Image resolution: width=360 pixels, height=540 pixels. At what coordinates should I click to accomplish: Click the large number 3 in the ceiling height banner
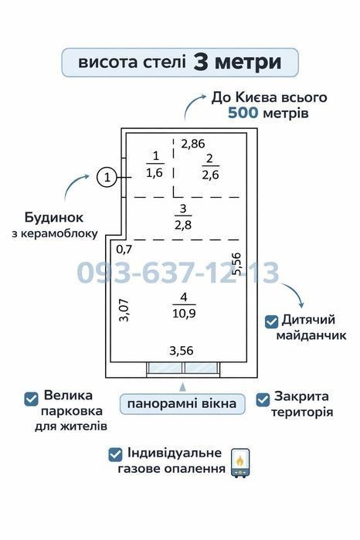(x=200, y=62)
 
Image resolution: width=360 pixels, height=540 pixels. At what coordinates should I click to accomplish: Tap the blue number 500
(x=243, y=113)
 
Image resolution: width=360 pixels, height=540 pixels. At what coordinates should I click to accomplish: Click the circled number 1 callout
(x=107, y=178)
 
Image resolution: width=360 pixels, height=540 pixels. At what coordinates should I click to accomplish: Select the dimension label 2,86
(x=193, y=144)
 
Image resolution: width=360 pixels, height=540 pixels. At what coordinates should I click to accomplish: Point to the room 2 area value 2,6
(x=210, y=175)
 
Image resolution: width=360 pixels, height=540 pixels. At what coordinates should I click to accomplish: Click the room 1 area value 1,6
(x=155, y=172)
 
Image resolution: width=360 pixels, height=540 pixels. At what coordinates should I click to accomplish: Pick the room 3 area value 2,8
(x=183, y=226)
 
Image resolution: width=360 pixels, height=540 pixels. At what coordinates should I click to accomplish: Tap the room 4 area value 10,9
(x=184, y=314)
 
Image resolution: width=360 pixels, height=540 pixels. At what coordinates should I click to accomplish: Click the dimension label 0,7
(x=124, y=250)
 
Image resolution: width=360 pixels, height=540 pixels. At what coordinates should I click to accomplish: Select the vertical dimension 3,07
(x=124, y=311)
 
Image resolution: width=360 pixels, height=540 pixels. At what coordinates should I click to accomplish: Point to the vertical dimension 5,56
(x=236, y=263)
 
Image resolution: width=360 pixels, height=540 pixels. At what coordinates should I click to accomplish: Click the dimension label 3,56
(x=182, y=351)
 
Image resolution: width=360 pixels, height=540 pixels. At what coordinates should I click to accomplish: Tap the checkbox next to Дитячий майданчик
(x=271, y=321)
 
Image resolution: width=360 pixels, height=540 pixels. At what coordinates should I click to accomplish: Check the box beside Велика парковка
(x=32, y=399)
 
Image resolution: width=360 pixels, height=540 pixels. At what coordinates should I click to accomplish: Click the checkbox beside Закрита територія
(x=263, y=400)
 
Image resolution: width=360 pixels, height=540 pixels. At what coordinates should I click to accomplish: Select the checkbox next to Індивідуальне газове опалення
(x=115, y=455)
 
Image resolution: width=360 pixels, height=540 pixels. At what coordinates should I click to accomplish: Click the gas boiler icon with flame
(x=240, y=464)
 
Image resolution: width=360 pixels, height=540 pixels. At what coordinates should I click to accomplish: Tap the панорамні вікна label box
(x=182, y=404)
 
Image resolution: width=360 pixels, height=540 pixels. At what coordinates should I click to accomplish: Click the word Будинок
(x=54, y=218)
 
